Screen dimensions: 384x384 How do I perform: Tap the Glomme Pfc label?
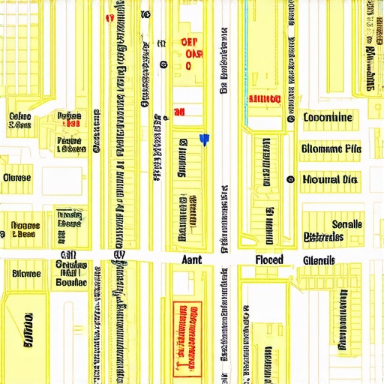click(331, 148)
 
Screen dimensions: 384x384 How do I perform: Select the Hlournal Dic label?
click(330, 179)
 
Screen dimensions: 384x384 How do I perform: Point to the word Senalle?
click(346, 224)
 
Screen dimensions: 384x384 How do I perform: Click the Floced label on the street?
click(269, 259)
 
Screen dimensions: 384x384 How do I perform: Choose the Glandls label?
click(319, 260)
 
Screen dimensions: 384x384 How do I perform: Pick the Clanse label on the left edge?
click(16, 178)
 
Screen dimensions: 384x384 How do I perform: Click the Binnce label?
click(26, 274)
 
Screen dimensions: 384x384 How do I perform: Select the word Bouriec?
click(72, 283)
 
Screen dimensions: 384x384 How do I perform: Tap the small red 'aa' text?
click(179, 112)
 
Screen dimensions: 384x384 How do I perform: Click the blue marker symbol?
click(203, 139)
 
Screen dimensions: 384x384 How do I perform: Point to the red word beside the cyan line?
click(264, 99)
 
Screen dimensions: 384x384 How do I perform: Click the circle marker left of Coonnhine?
click(289, 118)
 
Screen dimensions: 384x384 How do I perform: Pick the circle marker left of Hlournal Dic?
click(289, 179)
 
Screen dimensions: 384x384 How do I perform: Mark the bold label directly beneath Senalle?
click(324, 237)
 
